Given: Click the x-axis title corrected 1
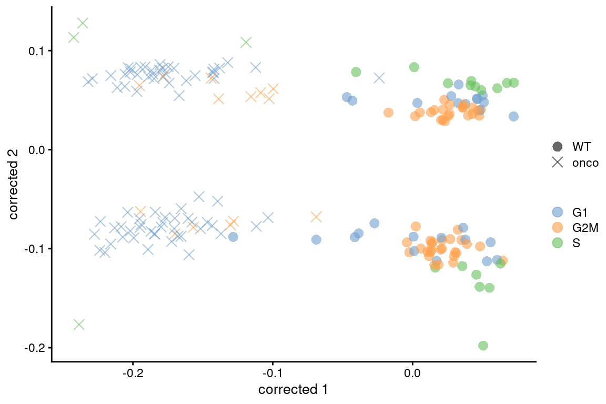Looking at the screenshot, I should click(294, 390).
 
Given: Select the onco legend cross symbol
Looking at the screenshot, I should click(557, 163).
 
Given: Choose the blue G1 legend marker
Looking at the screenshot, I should click(557, 212).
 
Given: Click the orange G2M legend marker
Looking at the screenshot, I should click(557, 228).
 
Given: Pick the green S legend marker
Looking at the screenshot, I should click(557, 243).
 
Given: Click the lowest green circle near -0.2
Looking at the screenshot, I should click(483, 346).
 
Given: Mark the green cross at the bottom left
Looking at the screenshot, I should click(79, 325).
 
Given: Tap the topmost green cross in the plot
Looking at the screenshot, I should click(83, 23).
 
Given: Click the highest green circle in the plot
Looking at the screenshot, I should click(414, 67).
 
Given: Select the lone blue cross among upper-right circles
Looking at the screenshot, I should click(379, 78).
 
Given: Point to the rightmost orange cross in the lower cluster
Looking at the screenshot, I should click(316, 217).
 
